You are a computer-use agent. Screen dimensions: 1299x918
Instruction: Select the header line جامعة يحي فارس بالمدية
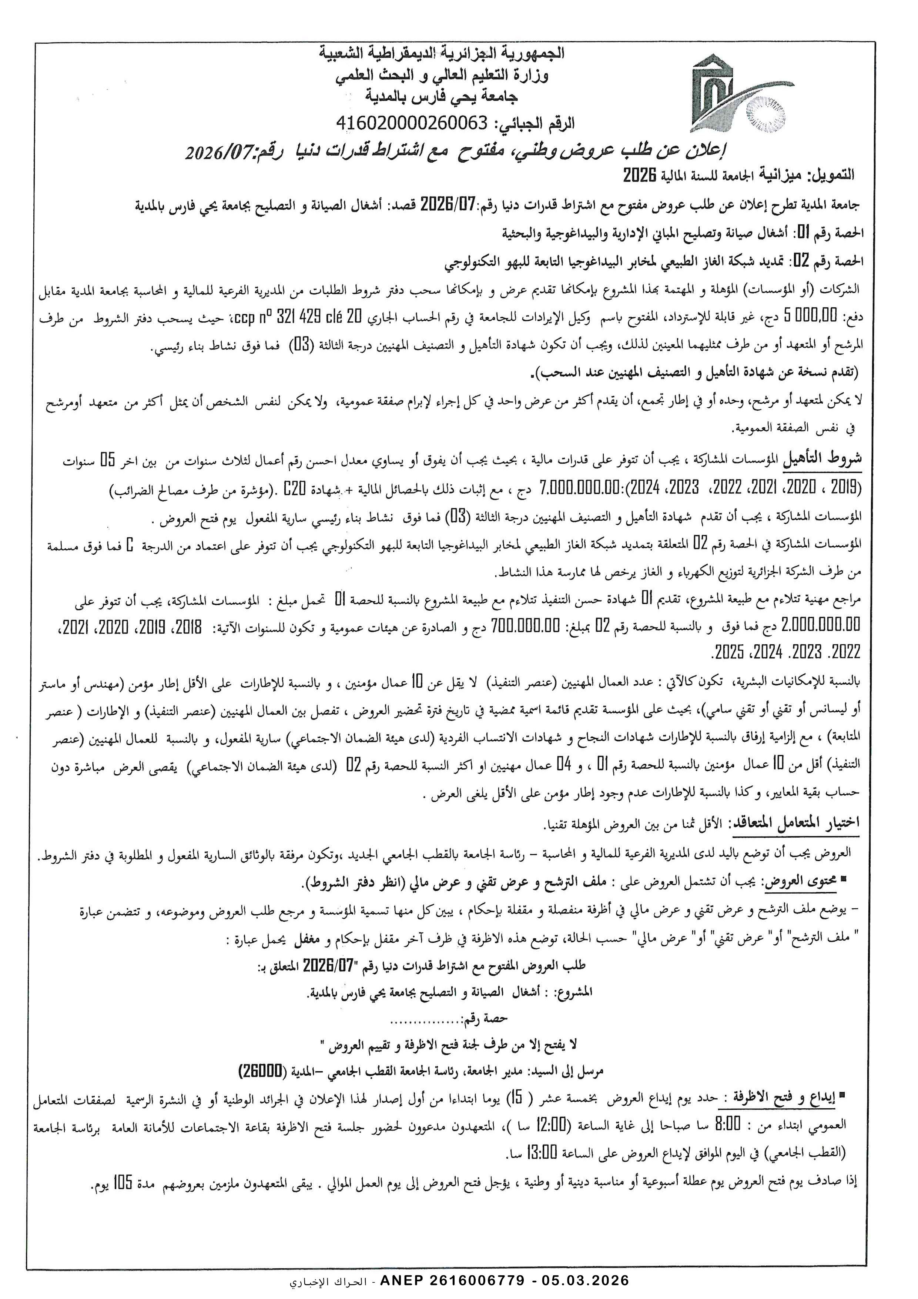tap(441, 97)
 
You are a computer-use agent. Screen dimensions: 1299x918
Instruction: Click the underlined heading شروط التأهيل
tap(822, 459)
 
